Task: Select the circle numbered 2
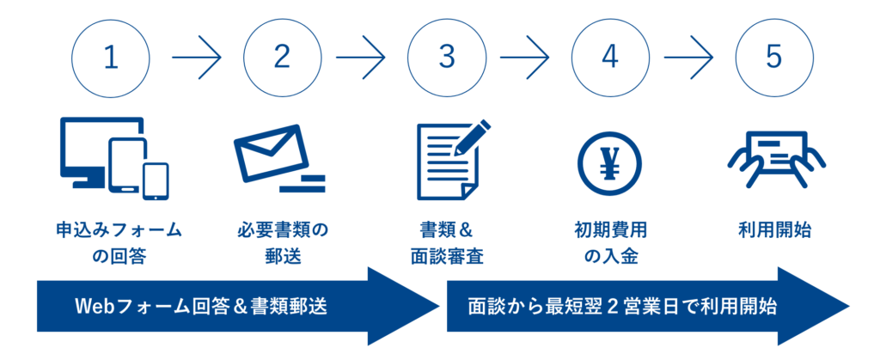point(282,58)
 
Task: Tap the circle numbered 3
point(446,58)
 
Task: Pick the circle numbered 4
point(610,58)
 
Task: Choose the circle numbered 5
point(774,58)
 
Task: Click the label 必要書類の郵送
point(283,243)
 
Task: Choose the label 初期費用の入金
point(610,243)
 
